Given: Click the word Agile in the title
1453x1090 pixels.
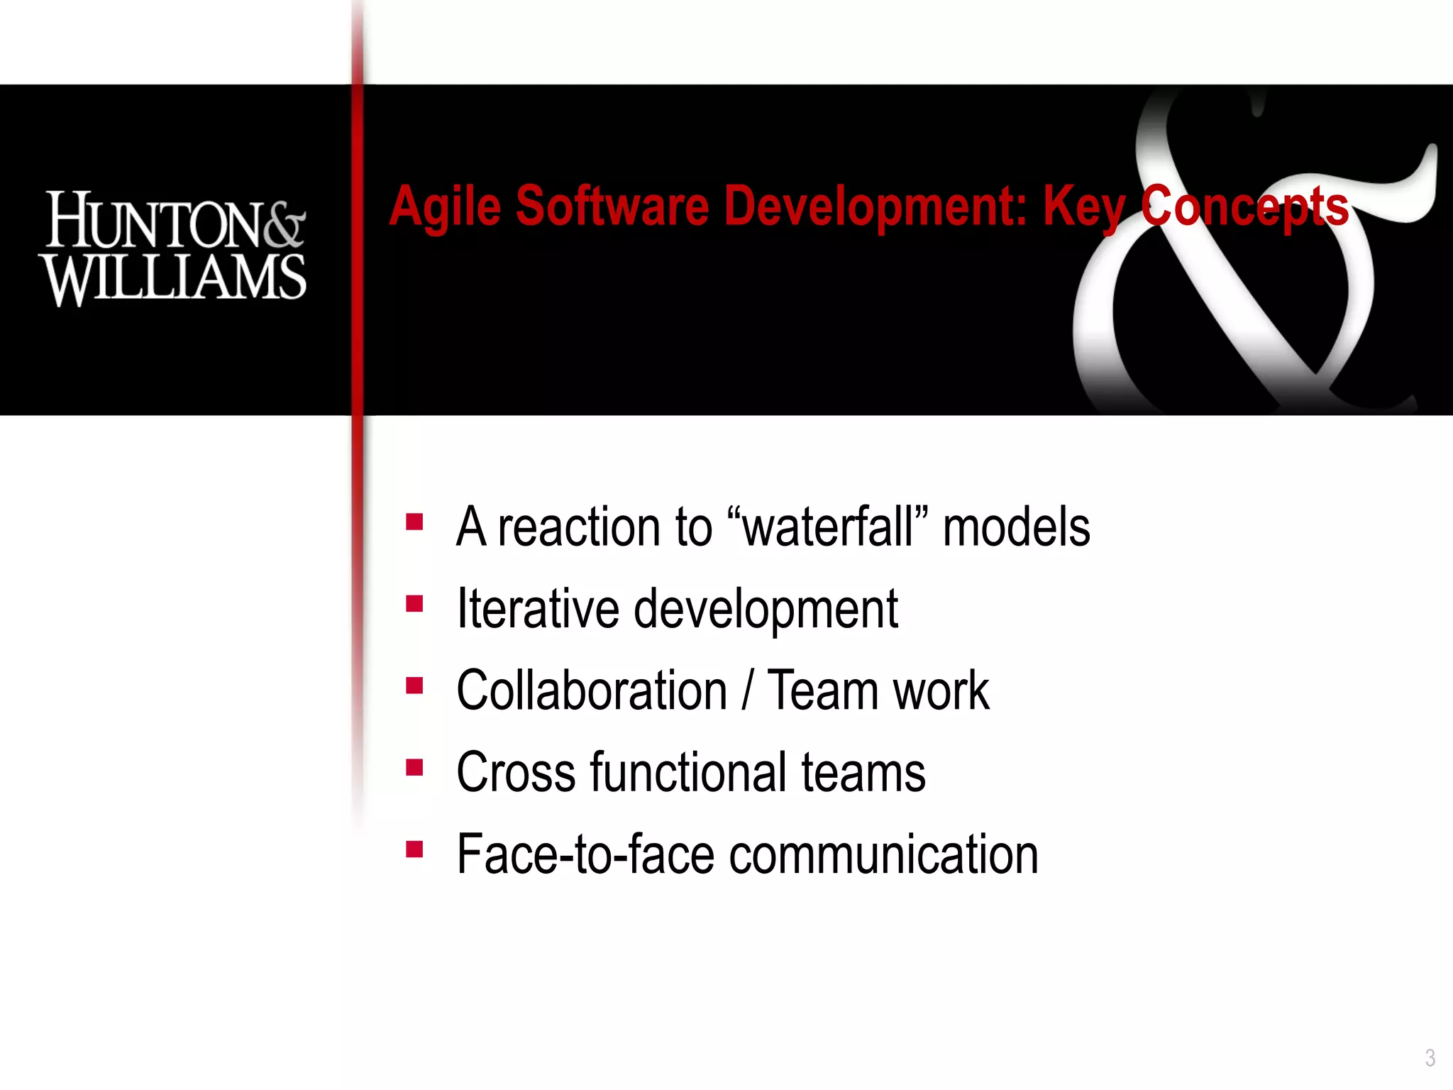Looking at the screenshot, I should pyautogui.click(x=445, y=207).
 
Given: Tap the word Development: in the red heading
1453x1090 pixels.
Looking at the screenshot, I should pyautogui.click(x=876, y=207).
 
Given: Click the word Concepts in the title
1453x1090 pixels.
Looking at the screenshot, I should pyautogui.click(x=1244, y=207).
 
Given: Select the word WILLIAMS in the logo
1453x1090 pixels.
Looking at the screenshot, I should pyautogui.click(x=174, y=278).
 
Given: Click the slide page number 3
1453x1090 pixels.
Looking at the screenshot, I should pyautogui.click(x=1430, y=1058).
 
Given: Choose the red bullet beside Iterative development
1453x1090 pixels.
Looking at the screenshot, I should pyautogui.click(x=414, y=604).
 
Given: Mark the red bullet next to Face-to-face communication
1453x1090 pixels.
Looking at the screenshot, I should pyautogui.click(x=414, y=849).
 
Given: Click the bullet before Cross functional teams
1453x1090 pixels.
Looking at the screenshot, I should pyautogui.click(x=414, y=768).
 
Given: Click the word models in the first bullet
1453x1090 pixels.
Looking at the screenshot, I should pyautogui.click(x=1016, y=528).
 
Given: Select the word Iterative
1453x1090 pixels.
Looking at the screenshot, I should pyautogui.click(x=538, y=609).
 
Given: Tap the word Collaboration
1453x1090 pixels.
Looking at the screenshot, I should pyautogui.click(x=592, y=690).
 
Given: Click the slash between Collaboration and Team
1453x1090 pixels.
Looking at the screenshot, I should pyautogui.click(x=747, y=691).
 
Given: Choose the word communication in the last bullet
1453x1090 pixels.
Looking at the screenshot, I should pyautogui.click(x=884, y=854).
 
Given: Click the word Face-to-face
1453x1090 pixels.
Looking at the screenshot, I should pyautogui.click(x=585, y=854).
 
